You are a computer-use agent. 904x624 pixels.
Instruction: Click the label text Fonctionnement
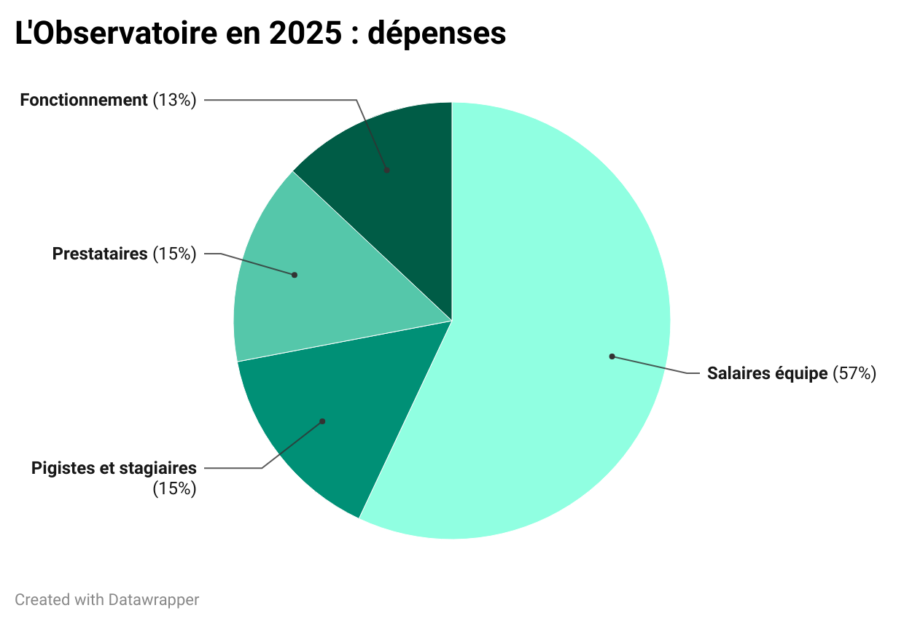[84, 101]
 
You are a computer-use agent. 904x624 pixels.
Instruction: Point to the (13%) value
[175, 101]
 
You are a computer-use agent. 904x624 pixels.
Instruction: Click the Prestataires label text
[100, 254]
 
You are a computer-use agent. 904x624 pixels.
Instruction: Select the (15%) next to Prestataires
[175, 254]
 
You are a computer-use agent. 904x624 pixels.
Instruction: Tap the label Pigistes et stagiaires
[114, 468]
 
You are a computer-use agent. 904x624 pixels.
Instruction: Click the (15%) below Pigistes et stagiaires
[175, 488]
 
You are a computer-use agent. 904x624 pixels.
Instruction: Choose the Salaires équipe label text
[767, 374]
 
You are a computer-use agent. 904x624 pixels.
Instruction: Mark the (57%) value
[854, 374]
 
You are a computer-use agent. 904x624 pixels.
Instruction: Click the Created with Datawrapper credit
[106, 600]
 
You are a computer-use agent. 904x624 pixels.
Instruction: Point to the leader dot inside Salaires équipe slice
[612, 356]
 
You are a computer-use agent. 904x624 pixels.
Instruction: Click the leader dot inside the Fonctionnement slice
[386, 170]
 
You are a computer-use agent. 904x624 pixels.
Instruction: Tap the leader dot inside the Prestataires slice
[294, 275]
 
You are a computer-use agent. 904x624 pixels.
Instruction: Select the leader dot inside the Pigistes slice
[322, 421]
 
